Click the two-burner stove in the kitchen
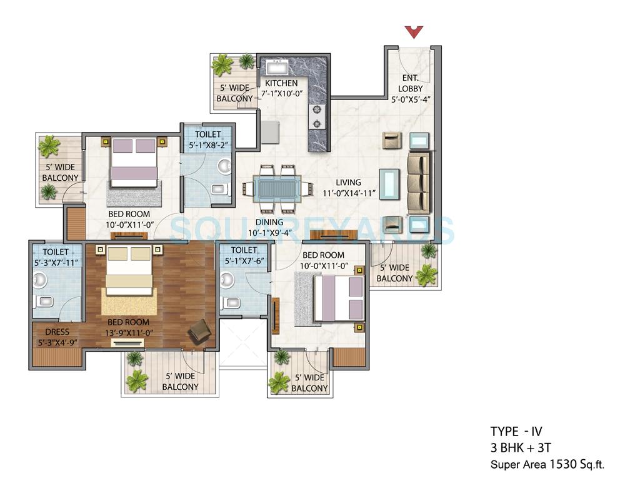(x=318, y=117)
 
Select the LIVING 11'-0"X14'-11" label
(x=347, y=188)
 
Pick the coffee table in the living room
(x=389, y=183)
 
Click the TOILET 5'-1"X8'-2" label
(x=207, y=140)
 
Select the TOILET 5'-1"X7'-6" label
(x=243, y=256)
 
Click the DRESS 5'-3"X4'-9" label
(x=57, y=337)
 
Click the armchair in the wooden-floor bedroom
(x=200, y=331)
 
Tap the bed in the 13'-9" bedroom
(x=129, y=270)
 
